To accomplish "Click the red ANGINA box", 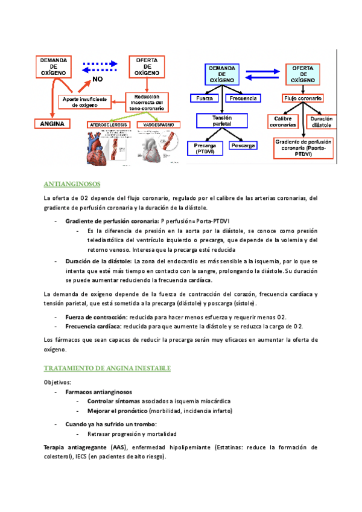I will click(x=53, y=124).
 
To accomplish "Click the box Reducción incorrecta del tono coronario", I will click(x=147, y=101).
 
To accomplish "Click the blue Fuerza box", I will click(x=206, y=98).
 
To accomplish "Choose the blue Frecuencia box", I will click(x=243, y=98).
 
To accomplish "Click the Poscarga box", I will click(x=244, y=146).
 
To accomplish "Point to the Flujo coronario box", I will click(x=303, y=98).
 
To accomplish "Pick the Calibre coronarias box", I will click(x=283, y=121).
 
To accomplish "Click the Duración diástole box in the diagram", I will click(x=322, y=121).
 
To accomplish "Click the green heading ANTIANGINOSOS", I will click(x=72, y=184).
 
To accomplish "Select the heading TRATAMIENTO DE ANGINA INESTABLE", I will click(x=107, y=368).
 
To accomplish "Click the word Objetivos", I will click(x=57, y=382).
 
